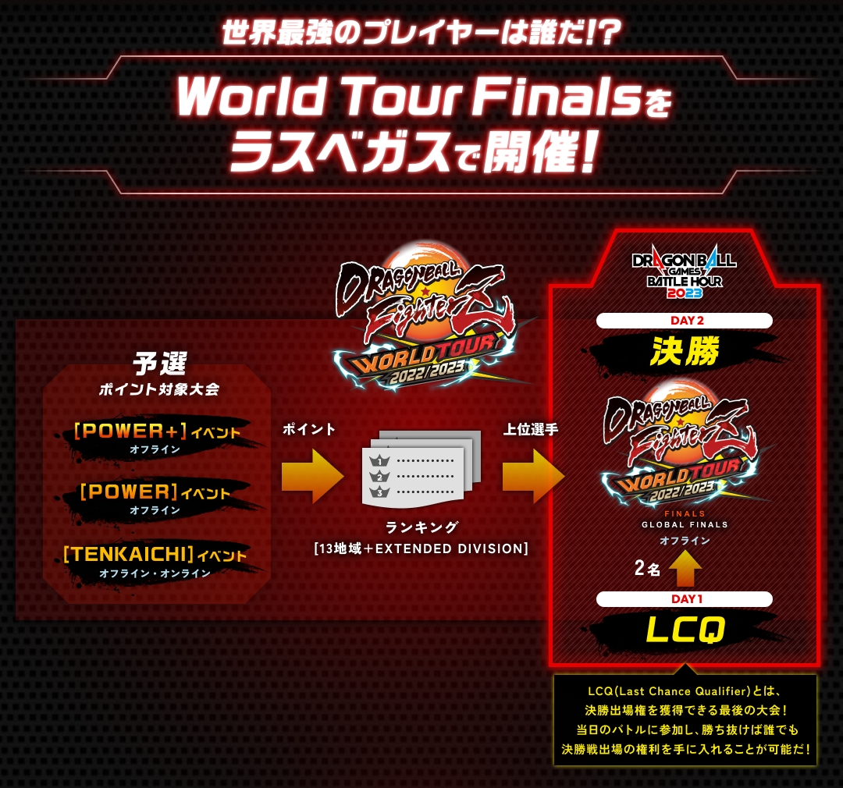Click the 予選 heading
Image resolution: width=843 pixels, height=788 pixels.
click(x=160, y=364)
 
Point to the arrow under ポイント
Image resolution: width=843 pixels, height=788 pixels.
click(x=312, y=476)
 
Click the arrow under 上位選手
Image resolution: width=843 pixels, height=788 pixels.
click(x=533, y=476)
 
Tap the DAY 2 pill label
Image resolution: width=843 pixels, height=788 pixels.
click(x=685, y=321)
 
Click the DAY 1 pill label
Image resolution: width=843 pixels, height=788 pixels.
click(x=685, y=599)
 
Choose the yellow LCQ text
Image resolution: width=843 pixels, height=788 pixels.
click(x=685, y=630)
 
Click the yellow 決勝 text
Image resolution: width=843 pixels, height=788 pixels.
click(x=685, y=352)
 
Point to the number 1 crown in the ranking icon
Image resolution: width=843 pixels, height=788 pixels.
click(x=379, y=460)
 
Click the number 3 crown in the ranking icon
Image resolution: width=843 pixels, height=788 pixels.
click(x=379, y=492)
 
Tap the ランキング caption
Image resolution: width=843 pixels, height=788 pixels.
click(x=421, y=528)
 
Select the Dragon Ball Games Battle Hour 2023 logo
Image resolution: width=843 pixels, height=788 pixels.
click(x=685, y=272)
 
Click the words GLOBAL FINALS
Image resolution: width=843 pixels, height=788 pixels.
click(x=685, y=524)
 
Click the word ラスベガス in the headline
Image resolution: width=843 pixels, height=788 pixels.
click(x=340, y=153)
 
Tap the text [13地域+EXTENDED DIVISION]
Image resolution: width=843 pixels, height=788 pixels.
click(x=421, y=548)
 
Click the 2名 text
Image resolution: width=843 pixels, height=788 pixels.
click(x=647, y=568)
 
